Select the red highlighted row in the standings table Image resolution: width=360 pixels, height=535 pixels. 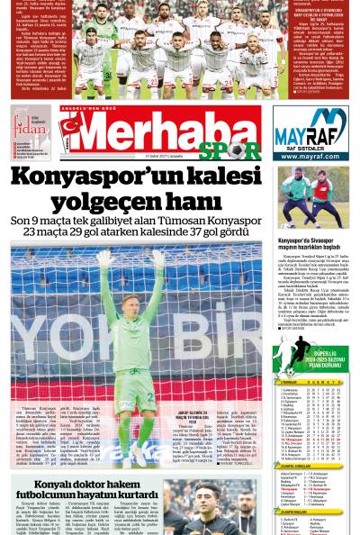310,440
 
